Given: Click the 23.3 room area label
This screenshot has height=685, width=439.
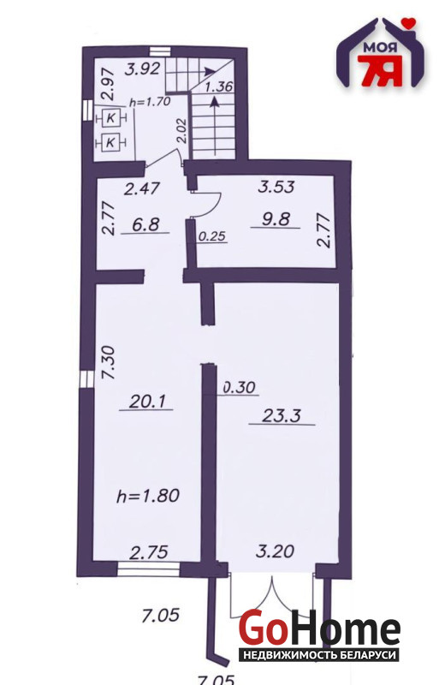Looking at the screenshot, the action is point(282,415).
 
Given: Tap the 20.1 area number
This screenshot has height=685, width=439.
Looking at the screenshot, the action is point(147,401).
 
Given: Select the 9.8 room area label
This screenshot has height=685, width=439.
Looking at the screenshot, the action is point(276,218).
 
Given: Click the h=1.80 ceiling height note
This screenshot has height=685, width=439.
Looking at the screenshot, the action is point(148,496).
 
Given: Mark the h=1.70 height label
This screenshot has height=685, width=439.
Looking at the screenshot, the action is point(150,102).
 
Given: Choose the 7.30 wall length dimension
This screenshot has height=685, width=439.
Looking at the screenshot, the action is point(108,362).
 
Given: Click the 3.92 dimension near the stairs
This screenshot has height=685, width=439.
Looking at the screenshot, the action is point(142,69).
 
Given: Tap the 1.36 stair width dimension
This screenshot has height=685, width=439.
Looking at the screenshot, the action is point(218,86).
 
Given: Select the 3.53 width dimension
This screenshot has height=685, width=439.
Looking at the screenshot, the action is point(276,187).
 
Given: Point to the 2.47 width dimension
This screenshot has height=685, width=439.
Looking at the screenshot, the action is point(142,189).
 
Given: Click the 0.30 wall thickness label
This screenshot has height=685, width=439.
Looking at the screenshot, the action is point(240,387).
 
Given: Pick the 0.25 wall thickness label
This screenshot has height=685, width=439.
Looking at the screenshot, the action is point(212,236).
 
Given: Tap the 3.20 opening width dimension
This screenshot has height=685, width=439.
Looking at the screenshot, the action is point(276,551).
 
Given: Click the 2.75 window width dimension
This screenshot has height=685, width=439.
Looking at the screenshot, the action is point(150,552).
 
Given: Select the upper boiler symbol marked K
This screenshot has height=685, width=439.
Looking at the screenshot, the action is point(110,117).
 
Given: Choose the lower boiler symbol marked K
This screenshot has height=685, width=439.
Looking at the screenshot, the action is point(110,142).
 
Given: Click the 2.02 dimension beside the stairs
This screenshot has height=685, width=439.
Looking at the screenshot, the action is point(183,132).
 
